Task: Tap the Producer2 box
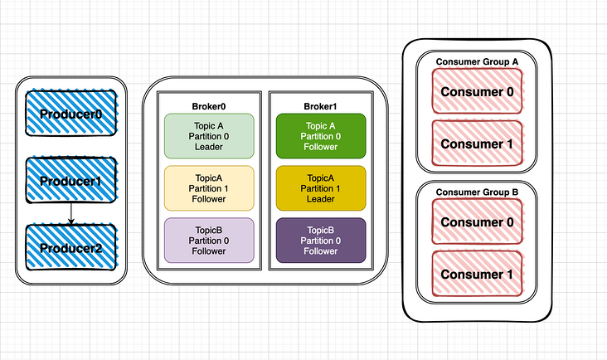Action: [70, 248]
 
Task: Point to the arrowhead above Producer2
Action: [71, 221]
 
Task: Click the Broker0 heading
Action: [209, 105]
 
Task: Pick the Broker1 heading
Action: [320, 105]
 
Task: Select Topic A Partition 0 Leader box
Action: [209, 136]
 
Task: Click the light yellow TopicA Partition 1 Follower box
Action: [209, 188]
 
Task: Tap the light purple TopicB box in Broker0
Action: [209, 241]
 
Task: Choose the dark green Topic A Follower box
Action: [320, 136]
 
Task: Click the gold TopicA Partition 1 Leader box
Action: [320, 188]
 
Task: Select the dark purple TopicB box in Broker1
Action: [320, 241]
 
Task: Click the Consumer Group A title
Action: [477, 62]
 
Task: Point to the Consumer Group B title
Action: [477, 192]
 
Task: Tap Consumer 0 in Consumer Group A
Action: [477, 91]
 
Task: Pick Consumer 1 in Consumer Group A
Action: [477, 144]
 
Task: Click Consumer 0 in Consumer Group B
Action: [477, 222]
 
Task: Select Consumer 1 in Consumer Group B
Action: [477, 275]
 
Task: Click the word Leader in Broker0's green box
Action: [209, 147]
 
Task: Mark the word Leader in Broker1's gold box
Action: [320, 199]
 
